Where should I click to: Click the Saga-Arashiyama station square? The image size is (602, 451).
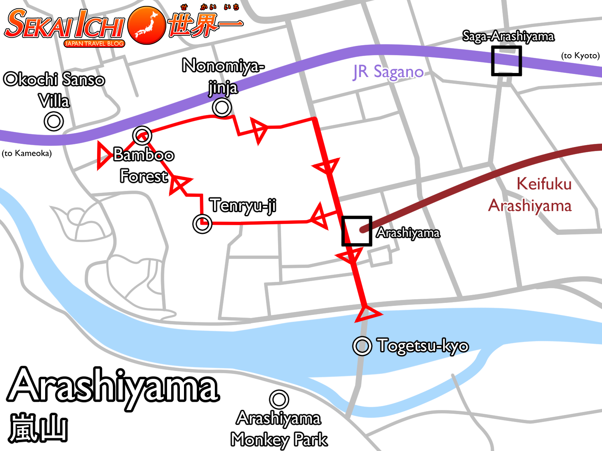pyautogui.click(x=506, y=61)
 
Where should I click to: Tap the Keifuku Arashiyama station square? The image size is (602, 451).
pyautogui.click(x=357, y=231)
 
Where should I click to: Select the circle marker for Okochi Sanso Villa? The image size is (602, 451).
pyautogui.click(x=54, y=121)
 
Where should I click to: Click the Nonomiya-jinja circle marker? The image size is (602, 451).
pyautogui.click(x=222, y=107)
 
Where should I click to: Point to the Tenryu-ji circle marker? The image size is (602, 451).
pyautogui.click(x=202, y=224)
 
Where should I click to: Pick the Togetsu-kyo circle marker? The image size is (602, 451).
pyautogui.click(x=362, y=346)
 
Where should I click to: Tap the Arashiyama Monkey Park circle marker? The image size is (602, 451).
pyautogui.click(x=279, y=399)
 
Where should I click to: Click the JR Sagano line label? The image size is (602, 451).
pyautogui.click(x=388, y=72)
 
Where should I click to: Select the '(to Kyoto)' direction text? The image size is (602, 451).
pyautogui.click(x=580, y=56)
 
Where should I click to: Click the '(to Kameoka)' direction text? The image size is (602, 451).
pyautogui.click(x=27, y=153)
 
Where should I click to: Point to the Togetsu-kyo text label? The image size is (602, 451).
pyautogui.click(x=423, y=346)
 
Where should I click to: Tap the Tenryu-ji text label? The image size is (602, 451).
pyautogui.click(x=243, y=205)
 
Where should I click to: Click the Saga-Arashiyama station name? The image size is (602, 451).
pyautogui.click(x=508, y=36)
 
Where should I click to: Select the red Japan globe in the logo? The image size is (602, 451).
pyautogui.click(x=147, y=25)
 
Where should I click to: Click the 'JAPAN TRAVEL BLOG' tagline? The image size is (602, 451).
pyautogui.click(x=94, y=44)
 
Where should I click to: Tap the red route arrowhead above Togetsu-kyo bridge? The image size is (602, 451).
pyautogui.click(x=367, y=314)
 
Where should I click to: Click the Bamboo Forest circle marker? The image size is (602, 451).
pyautogui.click(x=142, y=136)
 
